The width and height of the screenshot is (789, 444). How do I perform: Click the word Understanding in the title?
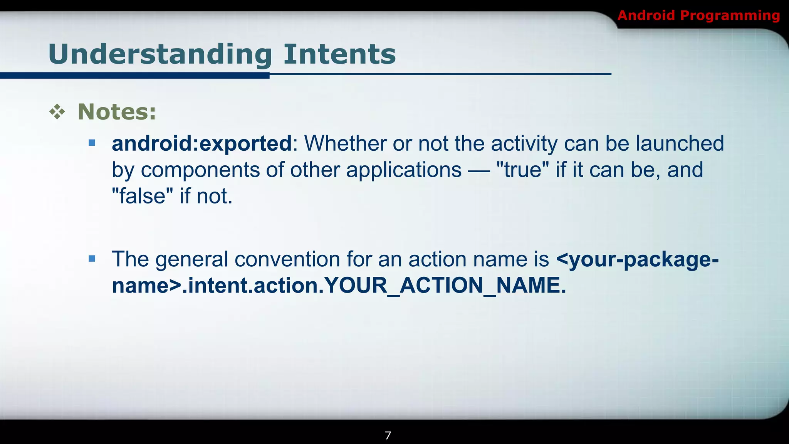[x=160, y=54]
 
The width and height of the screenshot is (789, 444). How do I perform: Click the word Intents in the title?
[x=339, y=54]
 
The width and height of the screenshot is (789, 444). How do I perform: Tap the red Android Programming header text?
[x=698, y=16]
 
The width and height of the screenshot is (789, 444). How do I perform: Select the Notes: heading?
[x=117, y=112]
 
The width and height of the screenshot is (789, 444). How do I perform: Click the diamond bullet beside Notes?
[x=57, y=112]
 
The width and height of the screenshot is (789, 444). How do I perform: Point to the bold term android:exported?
[x=202, y=143]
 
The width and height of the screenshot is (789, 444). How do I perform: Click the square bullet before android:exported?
[x=92, y=143]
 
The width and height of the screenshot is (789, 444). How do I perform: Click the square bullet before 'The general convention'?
[x=92, y=259]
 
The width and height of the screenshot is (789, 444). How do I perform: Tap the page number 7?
[x=388, y=436]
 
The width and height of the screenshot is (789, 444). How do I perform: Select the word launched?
[x=680, y=143]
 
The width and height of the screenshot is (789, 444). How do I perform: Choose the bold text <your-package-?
[x=637, y=259]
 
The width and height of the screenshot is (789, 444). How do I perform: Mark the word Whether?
[x=345, y=143]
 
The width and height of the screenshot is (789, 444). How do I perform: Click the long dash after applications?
[x=479, y=170]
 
